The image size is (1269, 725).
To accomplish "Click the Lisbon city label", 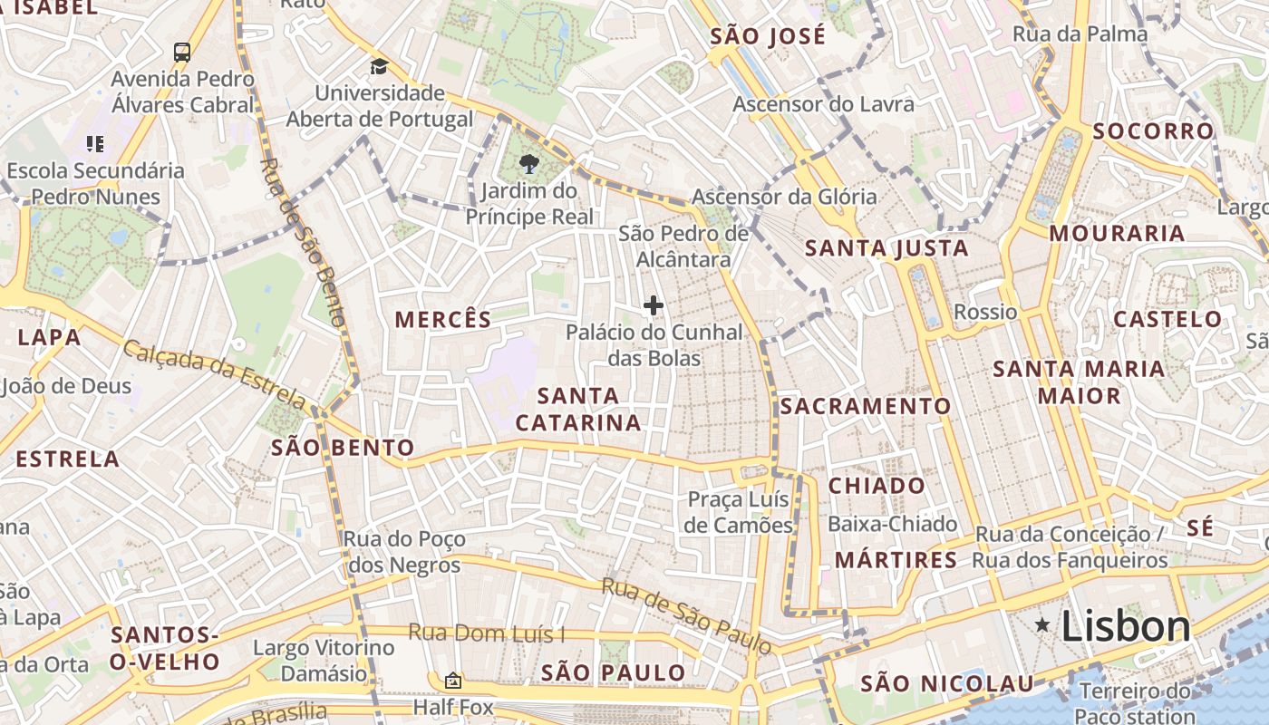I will pos(1125,626).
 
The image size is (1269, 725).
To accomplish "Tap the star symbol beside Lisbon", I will pos(1043,624).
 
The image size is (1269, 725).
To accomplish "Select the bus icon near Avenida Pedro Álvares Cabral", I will pos(182,52).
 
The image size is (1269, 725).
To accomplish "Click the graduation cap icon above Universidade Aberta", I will pos(379,66).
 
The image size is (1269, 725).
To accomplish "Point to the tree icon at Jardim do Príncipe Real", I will pos(528,163).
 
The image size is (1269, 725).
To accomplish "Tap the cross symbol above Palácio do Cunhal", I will pos(653,305).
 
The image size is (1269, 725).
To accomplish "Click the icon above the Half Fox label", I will pos(452,681).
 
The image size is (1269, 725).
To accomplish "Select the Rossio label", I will pos(985,312).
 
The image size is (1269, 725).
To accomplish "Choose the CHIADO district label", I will pos(877,485).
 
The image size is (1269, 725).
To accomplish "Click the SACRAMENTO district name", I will pos(866,406).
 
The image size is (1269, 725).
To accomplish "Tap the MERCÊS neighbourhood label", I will pos(443,319).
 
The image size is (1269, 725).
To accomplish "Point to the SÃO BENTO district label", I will pos(343,447).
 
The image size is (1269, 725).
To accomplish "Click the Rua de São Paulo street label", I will pos(687,616).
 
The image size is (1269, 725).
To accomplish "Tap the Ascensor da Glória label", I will pos(784,196).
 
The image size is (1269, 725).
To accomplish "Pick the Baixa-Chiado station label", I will pos(892,524).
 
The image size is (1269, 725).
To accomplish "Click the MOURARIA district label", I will pos(1117,233).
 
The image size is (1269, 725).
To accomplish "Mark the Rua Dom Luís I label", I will pos(486,633).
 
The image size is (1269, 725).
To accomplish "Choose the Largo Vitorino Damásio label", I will pos(324,661).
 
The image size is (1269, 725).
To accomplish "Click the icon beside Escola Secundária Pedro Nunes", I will pos(95,143).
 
